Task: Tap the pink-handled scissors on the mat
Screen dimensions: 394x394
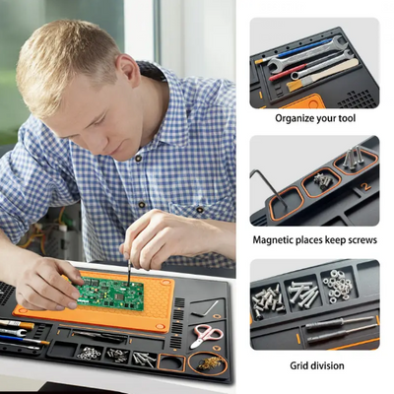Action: pos(204,336)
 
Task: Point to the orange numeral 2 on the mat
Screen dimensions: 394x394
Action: pos(365,184)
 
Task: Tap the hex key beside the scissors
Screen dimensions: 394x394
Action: pos(208,308)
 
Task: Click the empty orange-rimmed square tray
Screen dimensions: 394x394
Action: pos(172,362)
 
